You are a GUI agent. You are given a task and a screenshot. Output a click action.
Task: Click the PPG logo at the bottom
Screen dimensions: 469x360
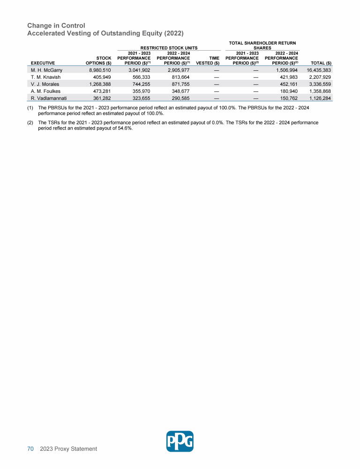coord(180,441)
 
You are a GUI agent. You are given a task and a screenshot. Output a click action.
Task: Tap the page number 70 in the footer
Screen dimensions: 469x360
coord(30,449)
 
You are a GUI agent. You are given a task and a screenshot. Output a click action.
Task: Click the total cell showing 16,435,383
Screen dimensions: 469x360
coord(319,70)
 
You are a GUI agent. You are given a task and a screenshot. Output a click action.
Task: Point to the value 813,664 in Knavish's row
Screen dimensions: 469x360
coord(178,77)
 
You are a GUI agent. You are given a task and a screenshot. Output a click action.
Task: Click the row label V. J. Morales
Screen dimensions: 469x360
coord(43,84)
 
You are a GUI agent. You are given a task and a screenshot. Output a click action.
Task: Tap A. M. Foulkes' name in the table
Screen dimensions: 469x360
coord(43,91)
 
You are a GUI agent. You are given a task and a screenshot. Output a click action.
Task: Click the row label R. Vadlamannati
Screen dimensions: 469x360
coord(46,98)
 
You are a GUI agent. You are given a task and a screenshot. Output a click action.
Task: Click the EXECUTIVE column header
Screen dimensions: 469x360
coord(42,63)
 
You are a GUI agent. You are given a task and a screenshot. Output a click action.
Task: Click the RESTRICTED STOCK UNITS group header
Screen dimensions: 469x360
coord(166,47)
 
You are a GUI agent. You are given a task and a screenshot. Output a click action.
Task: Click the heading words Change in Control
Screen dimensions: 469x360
coord(56,25)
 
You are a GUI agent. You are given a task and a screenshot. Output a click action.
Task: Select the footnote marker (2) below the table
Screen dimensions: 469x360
coord(30,122)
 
